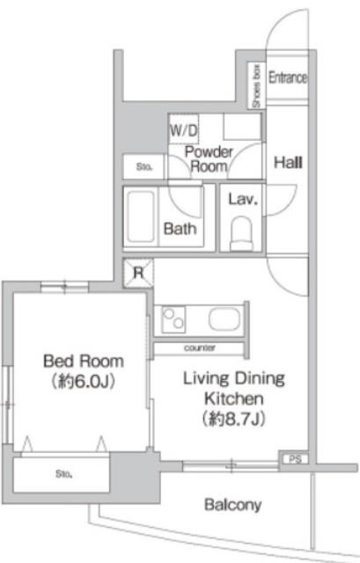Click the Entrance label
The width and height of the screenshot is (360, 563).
(288, 77)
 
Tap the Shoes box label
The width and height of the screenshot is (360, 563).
(256, 86)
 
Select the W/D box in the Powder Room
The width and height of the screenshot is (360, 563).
(184, 129)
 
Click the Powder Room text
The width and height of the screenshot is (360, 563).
(209, 159)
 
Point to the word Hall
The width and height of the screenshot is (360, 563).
(288, 163)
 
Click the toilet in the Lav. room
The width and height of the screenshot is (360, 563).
(241, 234)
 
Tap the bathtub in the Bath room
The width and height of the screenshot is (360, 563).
(141, 216)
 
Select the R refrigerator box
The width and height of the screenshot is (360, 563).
(138, 273)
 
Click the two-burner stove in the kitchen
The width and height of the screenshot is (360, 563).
(173, 319)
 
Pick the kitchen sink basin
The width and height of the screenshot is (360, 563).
(224, 319)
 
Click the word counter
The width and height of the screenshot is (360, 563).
(200, 348)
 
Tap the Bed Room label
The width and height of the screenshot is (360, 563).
(84, 362)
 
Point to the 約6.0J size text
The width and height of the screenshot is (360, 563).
(84, 381)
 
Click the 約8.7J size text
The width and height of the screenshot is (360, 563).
(234, 419)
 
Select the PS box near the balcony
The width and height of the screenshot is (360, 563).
(295, 459)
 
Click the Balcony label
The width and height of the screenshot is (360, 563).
(233, 505)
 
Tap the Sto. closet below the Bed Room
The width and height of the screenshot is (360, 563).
(62, 475)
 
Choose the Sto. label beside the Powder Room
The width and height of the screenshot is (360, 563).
(144, 167)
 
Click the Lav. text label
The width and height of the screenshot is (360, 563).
(243, 200)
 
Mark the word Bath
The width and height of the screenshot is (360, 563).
(180, 229)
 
